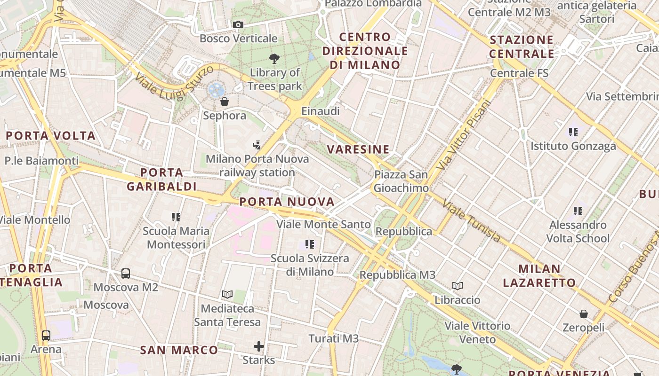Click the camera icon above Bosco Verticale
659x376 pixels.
[x=238, y=24]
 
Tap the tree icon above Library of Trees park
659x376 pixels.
[x=274, y=59]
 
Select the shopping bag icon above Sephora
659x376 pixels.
[x=225, y=101]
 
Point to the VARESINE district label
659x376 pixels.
[x=358, y=149]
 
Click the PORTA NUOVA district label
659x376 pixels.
[x=287, y=202]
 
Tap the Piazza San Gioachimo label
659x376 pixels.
[x=401, y=181]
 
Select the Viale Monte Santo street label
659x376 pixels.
[x=323, y=224]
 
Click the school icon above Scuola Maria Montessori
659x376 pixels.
[x=176, y=217]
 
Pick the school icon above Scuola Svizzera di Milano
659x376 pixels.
[x=310, y=244]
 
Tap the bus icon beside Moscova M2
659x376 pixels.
[x=126, y=273]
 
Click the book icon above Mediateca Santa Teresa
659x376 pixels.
[x=227, y=294]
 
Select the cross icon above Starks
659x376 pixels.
[x=259, y=347]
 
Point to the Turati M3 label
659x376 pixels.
[x=334, y=338]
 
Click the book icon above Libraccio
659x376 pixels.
[x=458, y=286]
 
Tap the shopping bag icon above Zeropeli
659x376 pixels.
[x=584, y=313]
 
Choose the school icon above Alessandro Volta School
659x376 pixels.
[x=578, y=211]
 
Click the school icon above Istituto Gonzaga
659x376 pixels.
[x=573, y=132]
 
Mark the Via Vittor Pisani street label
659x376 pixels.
[x=464, y=135]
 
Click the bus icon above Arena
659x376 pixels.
[x=46, y=336]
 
